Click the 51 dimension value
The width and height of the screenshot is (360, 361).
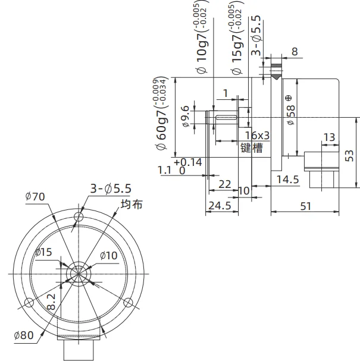click(306, 206)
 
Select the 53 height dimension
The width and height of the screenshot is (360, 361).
click(349, 156)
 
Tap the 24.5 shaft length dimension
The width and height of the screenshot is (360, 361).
click(220, 206)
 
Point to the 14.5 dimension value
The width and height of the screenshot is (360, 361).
click(287, 180)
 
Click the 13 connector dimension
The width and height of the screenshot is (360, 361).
click(329, 137)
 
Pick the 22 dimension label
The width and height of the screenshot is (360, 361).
click(224, 184)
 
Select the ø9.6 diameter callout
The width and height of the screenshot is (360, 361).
click(186, 116)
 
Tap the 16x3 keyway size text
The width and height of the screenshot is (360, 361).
click(257, 136)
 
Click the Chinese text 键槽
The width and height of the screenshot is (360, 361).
click(252, 147)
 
